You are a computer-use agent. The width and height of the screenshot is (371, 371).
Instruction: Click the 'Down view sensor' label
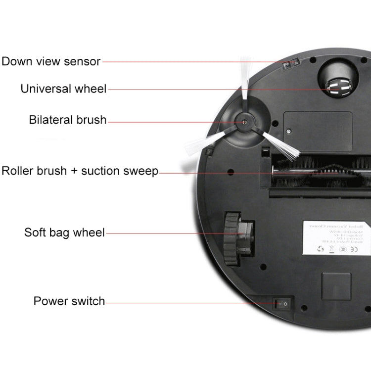pyautogui.click(x=51, y=62)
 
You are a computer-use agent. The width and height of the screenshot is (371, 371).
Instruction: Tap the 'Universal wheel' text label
pyautogui.click(x=63, y=89)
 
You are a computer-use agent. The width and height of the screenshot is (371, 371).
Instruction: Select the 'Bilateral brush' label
pyautogui.click(x=68, y=120)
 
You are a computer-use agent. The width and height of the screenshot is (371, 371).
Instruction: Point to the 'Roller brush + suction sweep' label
pyautogui.click(x=80, y=171)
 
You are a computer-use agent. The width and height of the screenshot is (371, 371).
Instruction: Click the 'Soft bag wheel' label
pyautogui.click(x=64, y=232)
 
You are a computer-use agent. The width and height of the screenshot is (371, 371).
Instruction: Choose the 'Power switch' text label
pyautogui.click(x=69, y=301)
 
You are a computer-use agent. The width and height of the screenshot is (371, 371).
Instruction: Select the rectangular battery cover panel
pyautogui.click(x=318, y=131)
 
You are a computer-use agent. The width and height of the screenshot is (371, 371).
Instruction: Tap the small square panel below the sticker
pyautogui.click(x=336, y=286)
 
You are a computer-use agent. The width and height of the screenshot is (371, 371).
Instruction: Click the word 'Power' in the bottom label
pyautogui.click(x=49, y=301)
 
